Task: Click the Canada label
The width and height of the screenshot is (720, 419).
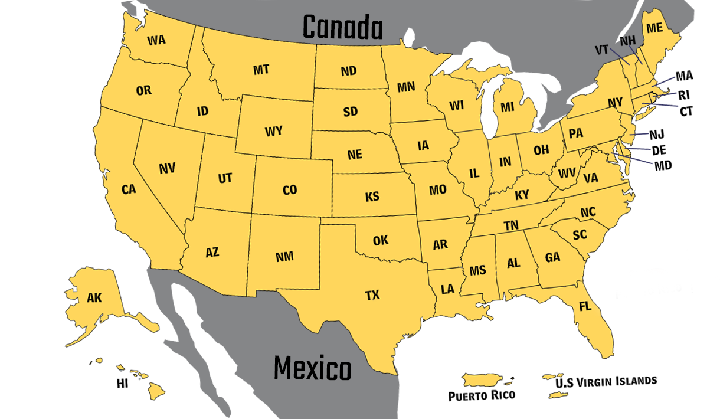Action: pos(342,27)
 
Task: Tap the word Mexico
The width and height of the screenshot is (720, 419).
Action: pos(312,369)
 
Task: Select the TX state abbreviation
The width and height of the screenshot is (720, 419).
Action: pos(372,295)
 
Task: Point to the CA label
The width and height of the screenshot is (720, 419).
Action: pos(129,189)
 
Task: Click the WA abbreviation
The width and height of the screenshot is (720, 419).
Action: pos(156,40)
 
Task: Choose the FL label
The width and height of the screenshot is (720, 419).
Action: pos(585,307)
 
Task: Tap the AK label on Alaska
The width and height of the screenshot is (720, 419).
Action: pos(94,298)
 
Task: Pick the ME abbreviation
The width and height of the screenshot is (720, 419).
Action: pos(654,28)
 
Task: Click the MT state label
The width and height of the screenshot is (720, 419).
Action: pos(261,70)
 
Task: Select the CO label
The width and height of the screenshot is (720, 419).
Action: pos(290,190)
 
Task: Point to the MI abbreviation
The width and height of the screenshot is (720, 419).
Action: pos(508,107)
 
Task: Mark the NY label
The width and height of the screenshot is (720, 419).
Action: pos(615,103)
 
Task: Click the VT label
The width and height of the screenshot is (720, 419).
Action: pos(601,50)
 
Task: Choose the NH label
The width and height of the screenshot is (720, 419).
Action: pos(627,41)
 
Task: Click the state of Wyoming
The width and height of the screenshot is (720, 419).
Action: pos(274,131)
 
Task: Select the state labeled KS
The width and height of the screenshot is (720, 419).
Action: pos(372,197)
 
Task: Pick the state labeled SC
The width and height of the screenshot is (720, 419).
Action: pos(580,235)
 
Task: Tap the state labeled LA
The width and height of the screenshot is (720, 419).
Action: pos(447,289)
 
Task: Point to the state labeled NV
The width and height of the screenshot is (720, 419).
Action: pos(167,169)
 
